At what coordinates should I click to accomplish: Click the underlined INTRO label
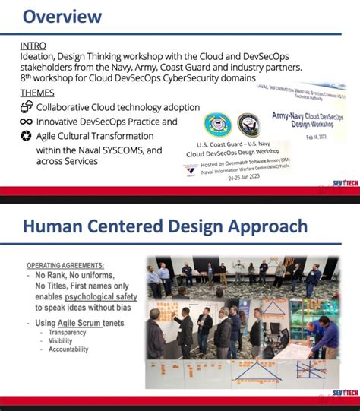[x=34, y=46]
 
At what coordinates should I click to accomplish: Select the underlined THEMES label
[x=39, y=93]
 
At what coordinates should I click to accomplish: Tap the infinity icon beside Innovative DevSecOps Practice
[x=26, y=122]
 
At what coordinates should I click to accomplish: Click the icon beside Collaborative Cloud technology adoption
[x=26, y=107]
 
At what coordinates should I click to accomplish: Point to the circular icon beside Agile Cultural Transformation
[x=26, y=136]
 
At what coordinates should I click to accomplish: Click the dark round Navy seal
[x=248, y=125]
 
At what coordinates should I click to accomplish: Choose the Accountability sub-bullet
[x=68, y=349]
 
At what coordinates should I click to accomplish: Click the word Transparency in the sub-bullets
[x=67, y=333]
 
